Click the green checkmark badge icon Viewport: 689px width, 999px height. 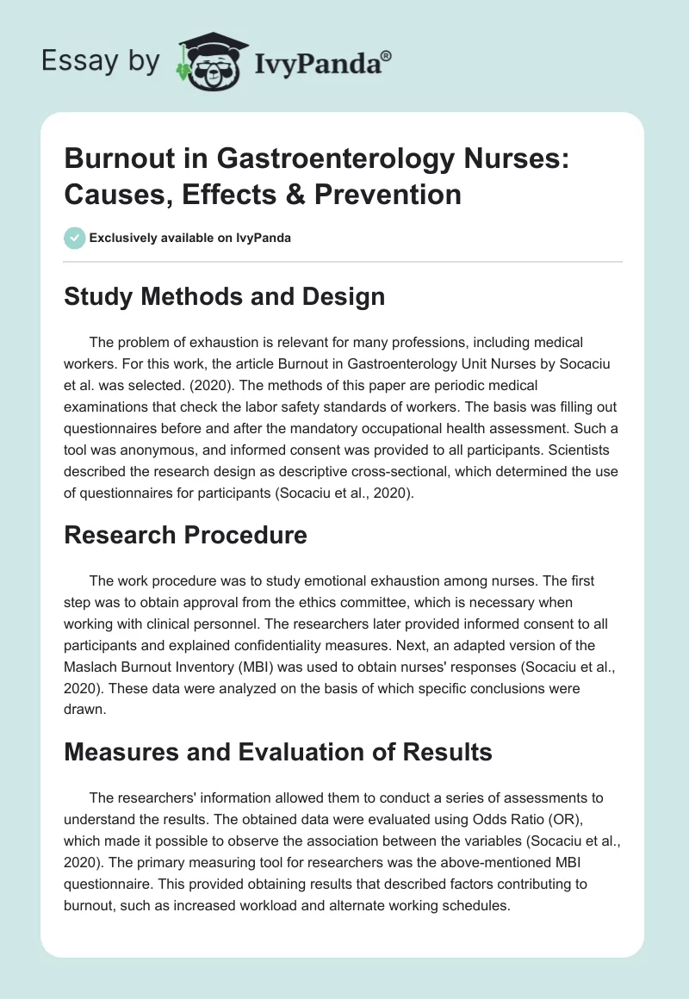(x=75, y=238)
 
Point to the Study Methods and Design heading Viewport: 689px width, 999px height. (x=225, y=296)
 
